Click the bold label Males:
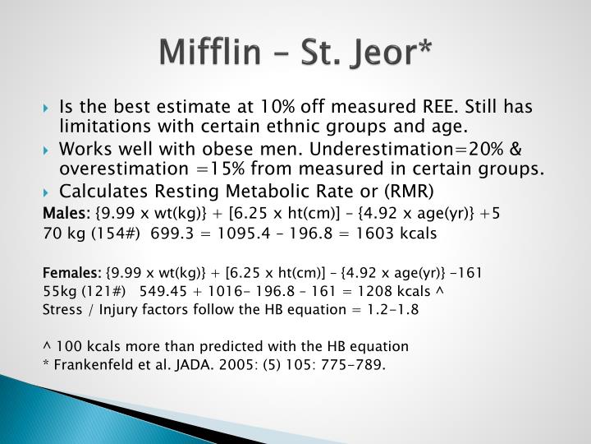[66, 214]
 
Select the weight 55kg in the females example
[57, 291]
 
